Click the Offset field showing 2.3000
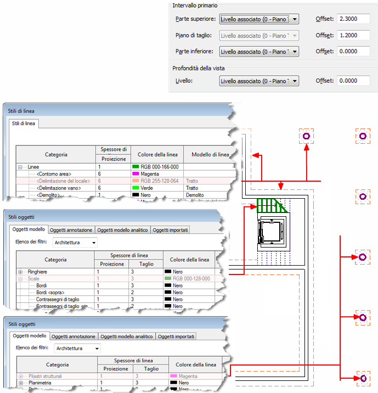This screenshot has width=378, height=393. coord(354,19)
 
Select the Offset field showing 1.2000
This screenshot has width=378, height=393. coord(354,36)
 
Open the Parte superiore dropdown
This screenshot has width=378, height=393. coord(259,19)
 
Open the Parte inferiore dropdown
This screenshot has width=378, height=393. coord(259,52)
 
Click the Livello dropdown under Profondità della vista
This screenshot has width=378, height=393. coord(259,81)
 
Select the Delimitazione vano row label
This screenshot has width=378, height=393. coord(56,188)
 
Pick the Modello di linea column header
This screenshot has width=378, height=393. coord(208,154)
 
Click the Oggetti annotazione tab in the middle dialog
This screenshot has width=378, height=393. coord(72,230)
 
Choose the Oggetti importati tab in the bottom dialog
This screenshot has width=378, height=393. coord(177,336)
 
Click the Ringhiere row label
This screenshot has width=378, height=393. coord(38,271)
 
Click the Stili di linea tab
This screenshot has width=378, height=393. coord(22,123)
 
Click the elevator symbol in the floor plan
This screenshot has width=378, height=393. coord(271,230)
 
